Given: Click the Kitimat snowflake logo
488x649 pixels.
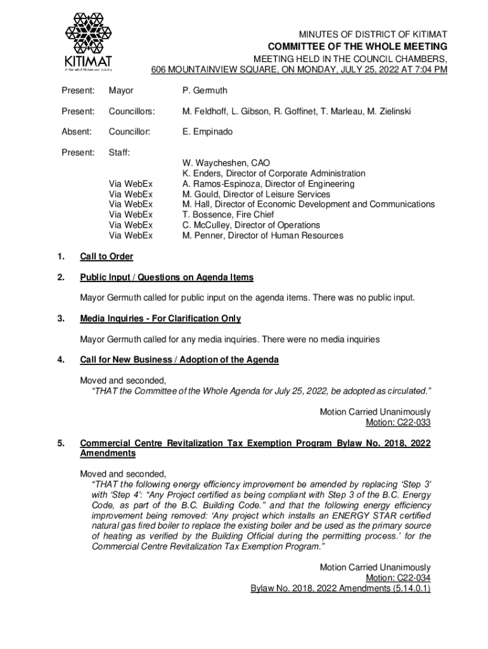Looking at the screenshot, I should tap(88, 31).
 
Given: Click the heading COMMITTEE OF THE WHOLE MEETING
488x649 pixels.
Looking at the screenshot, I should tap(357, 46).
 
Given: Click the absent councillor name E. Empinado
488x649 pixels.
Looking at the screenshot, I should tap(207, 132).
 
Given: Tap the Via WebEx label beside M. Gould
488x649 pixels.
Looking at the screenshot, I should tap(131, 194).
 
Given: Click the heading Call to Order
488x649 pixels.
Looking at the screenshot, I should tap(106, 257).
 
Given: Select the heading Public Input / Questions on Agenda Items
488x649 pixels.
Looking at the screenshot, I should tap(167, 278).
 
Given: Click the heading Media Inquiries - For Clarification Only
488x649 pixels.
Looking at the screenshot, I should tap(160, 319).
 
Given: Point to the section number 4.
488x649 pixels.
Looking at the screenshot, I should tap(60, 360).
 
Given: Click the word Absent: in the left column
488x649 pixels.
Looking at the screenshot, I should tap(76, 132).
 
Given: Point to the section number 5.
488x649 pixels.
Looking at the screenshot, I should tap(60, 443).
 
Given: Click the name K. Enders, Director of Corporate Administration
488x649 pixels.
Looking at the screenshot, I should tap(274, 173).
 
